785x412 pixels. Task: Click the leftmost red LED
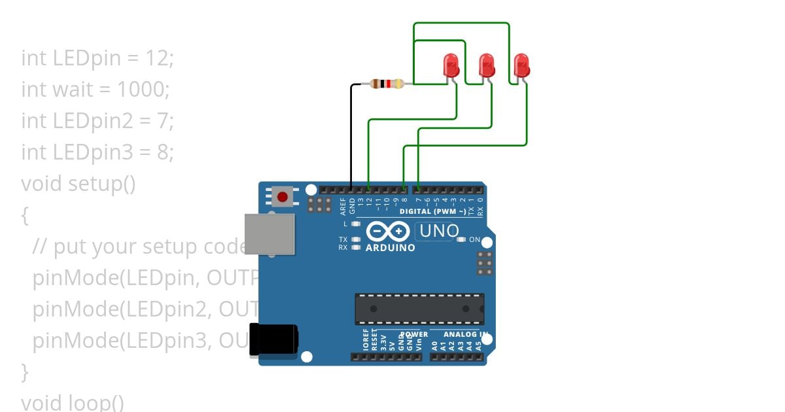451,65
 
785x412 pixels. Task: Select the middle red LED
487,65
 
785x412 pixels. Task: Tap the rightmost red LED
521,65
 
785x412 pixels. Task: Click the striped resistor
387,84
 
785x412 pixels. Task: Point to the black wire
351,137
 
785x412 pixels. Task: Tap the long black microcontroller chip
419,309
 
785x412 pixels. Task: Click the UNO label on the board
439,231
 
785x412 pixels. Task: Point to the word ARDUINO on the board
390,249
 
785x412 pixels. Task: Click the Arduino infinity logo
387,232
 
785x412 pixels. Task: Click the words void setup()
78,184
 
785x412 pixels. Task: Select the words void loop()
73,402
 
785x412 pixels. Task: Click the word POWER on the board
414,334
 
